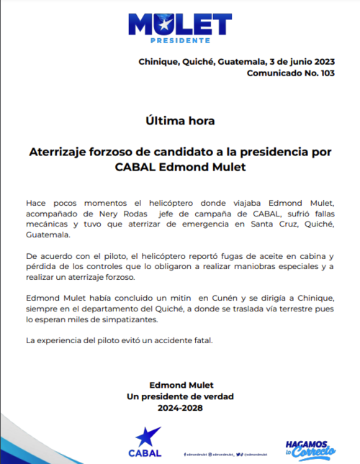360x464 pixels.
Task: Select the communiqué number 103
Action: tap(325, 73)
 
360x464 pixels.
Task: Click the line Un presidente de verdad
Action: tap(180, 396)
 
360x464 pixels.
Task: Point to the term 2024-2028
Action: tap(180, 407)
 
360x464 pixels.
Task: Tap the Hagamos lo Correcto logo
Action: tap(310, 448)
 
